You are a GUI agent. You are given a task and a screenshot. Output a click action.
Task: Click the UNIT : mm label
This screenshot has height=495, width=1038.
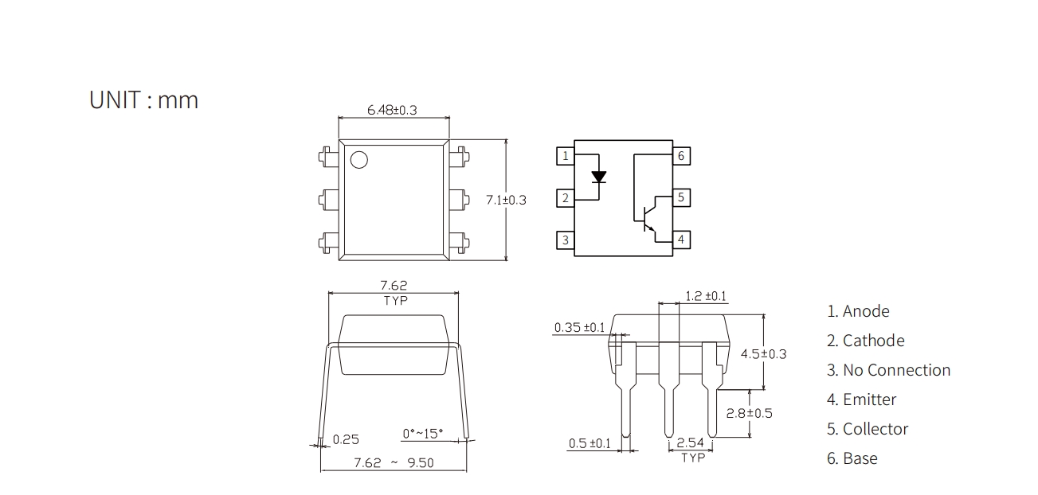(x=143, y=100)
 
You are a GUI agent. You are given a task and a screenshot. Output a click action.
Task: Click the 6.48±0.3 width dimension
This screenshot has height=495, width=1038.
(x=392, y=110)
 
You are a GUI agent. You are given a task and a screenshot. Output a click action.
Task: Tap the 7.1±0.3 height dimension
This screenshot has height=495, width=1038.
(x=506, y=200)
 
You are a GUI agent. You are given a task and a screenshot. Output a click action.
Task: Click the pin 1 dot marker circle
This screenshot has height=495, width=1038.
(x=359, y=160)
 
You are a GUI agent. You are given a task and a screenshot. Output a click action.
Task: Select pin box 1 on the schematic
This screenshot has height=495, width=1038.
(x=566, y=156)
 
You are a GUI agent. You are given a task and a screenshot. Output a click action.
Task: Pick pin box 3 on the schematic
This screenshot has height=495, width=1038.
(x=566, y=240)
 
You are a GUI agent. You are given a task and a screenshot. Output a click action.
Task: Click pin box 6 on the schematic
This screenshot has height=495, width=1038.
(x=681, y=156)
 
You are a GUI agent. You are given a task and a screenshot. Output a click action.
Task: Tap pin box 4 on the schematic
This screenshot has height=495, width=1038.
(x=681, y=240)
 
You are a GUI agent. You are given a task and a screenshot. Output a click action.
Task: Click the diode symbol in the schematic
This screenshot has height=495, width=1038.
(x=599, y=177)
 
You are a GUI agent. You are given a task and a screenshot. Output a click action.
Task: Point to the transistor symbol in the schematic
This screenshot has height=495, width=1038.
(x=650, y=219)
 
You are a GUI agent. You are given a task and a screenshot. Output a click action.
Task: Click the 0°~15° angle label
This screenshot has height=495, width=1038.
(x=423, y=434)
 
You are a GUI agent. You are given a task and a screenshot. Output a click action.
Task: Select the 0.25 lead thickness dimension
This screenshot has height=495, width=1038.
(x=346, y=439)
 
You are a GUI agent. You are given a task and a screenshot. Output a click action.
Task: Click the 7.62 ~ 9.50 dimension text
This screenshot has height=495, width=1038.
(x=394, y=463)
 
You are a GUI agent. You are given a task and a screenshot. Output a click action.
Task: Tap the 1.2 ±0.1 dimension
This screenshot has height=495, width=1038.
(x=706, y=296)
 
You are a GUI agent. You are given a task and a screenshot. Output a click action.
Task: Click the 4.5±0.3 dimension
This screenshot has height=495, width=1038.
(x=764, y=354)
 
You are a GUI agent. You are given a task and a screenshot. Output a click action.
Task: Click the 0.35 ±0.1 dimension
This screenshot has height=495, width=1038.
(x=580, y=328)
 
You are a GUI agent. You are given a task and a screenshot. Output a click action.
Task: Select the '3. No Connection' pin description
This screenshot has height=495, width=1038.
(x=889, y=370)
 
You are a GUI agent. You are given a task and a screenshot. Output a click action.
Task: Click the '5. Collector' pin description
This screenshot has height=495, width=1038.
(x=868, y=429)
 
